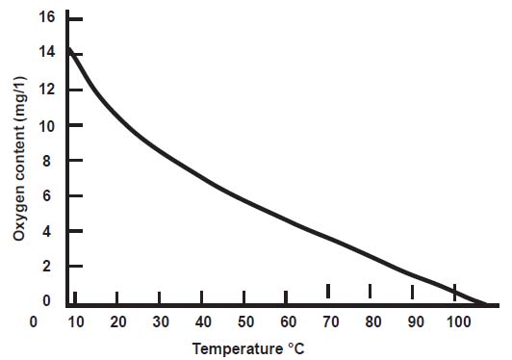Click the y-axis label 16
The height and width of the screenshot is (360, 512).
click(45, 18)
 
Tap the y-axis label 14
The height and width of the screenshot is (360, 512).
click(45, 54)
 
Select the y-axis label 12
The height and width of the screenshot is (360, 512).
click(45, 90)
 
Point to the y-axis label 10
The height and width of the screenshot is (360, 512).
click(45, 125)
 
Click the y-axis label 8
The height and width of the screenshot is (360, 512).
click(49, 161)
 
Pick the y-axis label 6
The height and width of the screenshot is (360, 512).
click(49, 196)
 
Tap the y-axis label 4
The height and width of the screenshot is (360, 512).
click(49, 232)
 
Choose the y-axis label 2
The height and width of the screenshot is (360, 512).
click(49, 268)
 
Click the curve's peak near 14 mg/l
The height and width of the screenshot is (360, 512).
click(69, 49)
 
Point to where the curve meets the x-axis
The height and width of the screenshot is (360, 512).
click(486, 304)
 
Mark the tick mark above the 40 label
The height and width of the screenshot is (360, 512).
click(201, 296)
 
